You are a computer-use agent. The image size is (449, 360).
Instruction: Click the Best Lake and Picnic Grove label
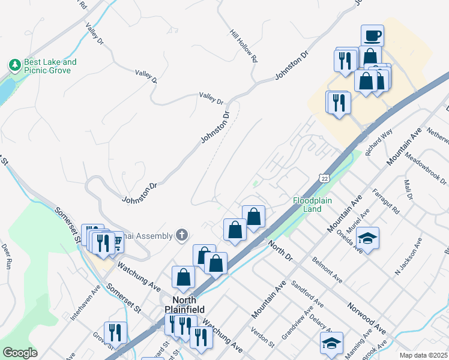coord(50,66)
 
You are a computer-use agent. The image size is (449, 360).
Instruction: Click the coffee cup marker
coord(372,35)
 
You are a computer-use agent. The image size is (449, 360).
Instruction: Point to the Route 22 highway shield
coord(324,178)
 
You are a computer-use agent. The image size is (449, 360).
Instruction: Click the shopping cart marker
coord(116,241)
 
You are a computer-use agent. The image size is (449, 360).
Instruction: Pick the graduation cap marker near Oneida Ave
coord(367,239)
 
